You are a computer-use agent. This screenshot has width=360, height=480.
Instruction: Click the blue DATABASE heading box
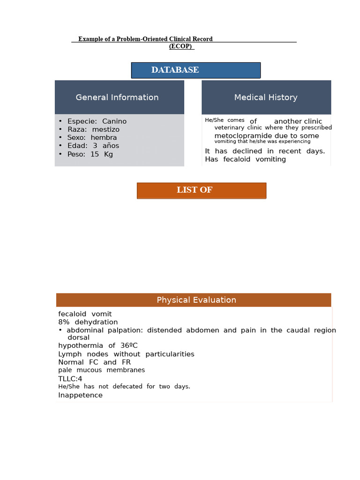(x=195, y=70)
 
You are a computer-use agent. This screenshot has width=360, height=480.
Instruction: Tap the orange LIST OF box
(x=201, y=190)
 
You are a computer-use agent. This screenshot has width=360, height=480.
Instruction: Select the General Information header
(x=117, y=97)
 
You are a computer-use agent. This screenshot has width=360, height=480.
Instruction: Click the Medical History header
(x=266, y=97)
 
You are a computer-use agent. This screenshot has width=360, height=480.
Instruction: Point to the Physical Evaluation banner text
(x=196, y=300)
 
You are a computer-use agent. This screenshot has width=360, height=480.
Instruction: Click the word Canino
(x=114, y=121)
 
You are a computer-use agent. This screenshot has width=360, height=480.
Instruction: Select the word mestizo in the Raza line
(x=106, y=129)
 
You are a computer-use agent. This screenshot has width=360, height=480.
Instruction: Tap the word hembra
(x=104, y=138)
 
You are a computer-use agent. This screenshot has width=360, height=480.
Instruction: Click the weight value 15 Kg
(x=102, y=154)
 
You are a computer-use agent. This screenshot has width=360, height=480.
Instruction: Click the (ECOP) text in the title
(x=181, y=46)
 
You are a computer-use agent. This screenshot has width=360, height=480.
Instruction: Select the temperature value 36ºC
(x=129, y=345)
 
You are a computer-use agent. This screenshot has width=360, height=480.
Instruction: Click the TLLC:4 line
(x=70, y=379)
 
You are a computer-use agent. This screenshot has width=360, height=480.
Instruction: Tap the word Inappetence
(x=80, y=395)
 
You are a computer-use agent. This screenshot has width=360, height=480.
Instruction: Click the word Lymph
(x=69, y=354)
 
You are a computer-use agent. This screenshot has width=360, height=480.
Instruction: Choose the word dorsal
(x=78, y=337)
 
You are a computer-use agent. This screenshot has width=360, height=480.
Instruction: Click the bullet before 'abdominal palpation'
(x=60, y=330)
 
